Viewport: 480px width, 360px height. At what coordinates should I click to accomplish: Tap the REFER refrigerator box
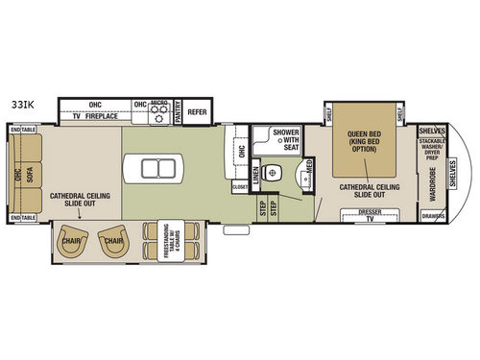198,111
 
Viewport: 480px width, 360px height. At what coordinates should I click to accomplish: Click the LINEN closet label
255,175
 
